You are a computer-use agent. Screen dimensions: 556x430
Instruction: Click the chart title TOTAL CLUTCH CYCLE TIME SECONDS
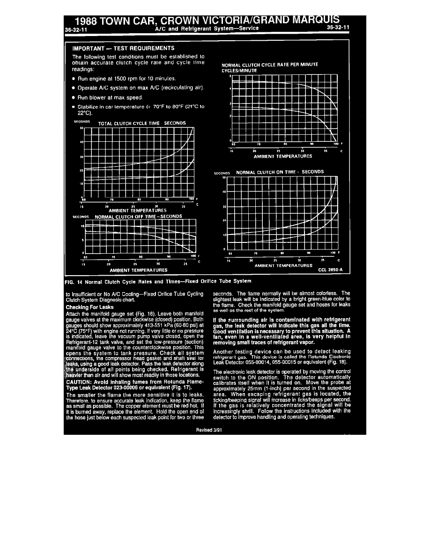[x=142, y=123]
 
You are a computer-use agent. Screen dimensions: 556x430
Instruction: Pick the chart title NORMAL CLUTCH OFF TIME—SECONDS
[x=138, y=217]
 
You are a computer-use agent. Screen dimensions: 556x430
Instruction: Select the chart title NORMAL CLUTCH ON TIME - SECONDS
[x=280, y=172]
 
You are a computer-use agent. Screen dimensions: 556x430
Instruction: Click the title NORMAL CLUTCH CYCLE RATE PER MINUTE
[x=270, y=65]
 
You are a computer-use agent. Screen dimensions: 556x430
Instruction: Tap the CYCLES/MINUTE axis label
[x=239, y=70]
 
